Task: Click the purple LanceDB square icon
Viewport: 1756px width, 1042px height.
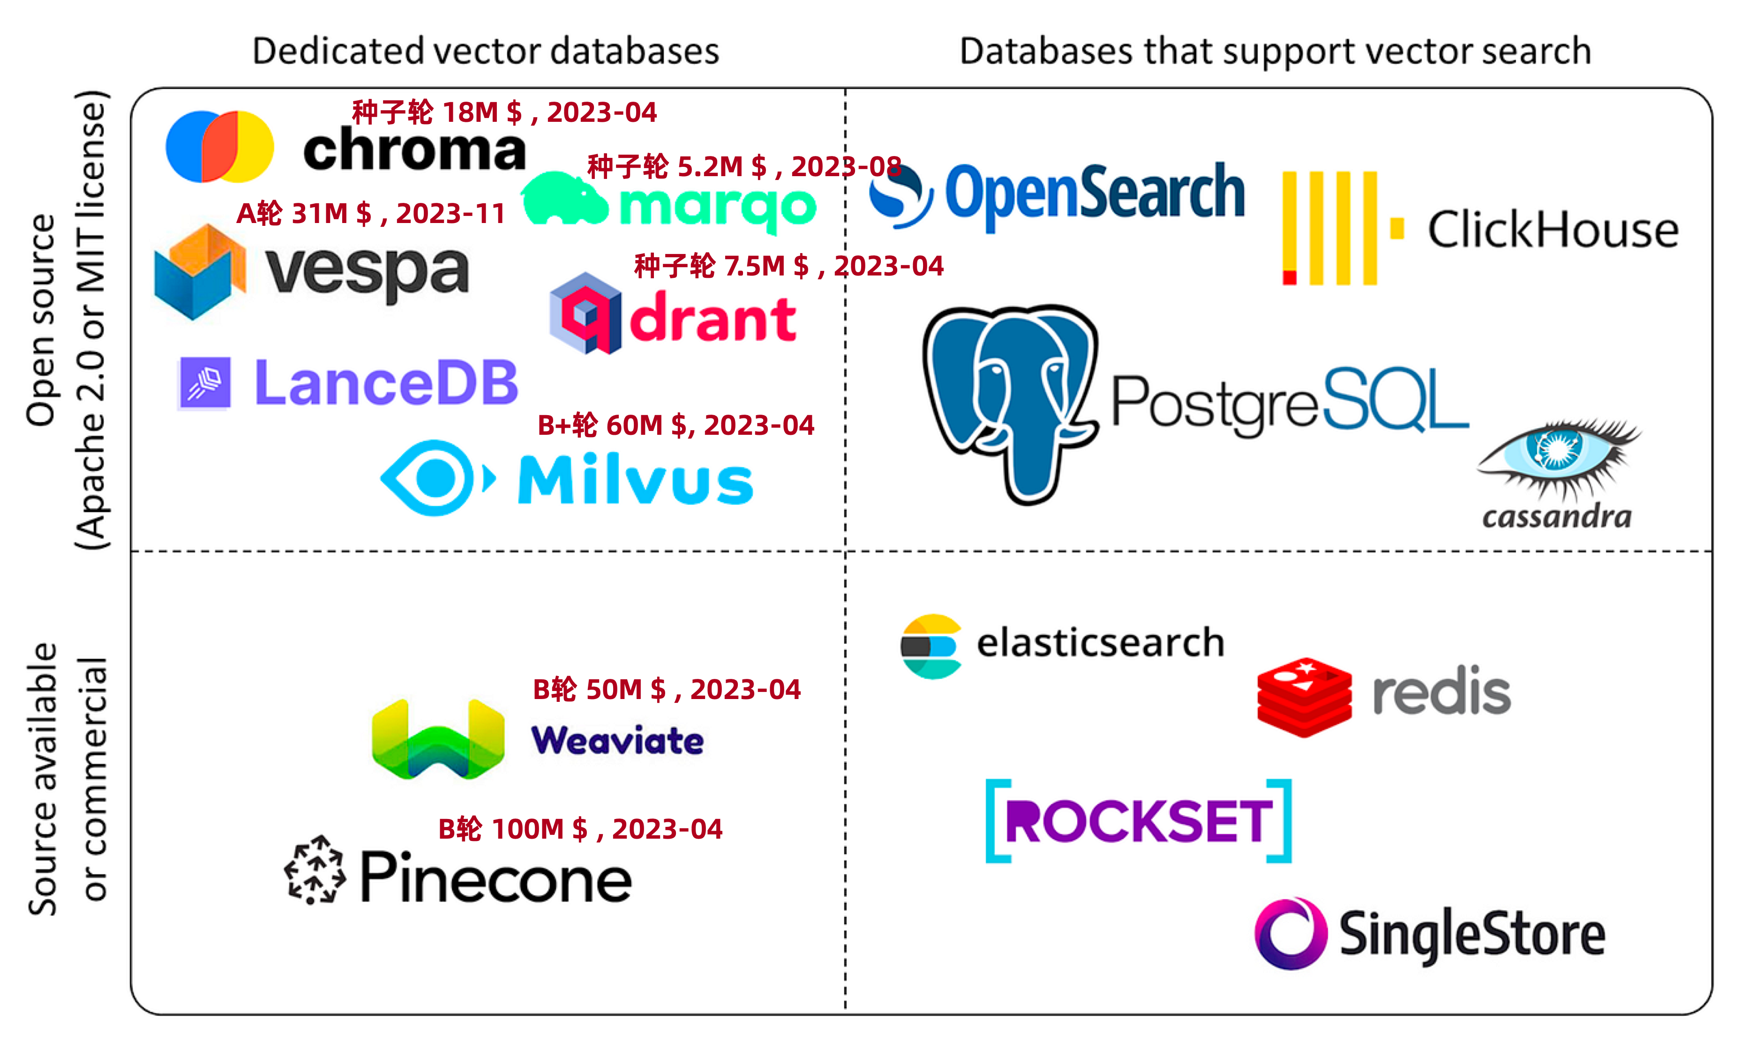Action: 204,383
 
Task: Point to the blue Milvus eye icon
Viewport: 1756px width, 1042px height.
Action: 435,478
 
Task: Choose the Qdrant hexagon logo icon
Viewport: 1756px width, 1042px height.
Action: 585,313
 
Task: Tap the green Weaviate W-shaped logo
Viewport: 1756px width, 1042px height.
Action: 438,739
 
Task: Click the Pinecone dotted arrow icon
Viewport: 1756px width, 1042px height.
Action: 315,869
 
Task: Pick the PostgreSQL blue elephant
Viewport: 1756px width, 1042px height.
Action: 1009,400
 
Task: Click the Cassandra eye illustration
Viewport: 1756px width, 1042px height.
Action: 1559,456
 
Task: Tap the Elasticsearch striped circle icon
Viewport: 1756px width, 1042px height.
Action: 931,646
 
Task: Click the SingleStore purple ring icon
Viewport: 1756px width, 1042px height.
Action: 1291,933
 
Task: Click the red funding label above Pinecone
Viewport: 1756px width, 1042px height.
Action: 580,829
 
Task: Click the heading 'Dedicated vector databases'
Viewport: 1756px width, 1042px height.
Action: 485,51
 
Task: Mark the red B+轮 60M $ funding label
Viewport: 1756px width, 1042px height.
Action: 675,425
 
